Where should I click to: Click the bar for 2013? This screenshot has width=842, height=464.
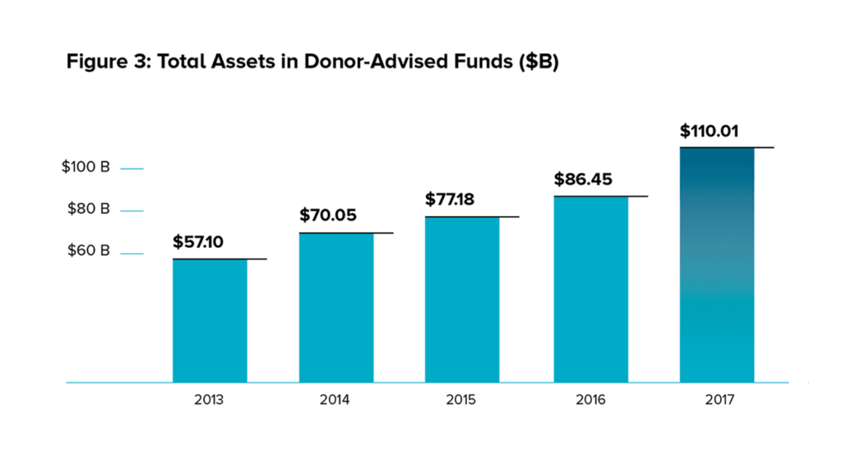[210, 321]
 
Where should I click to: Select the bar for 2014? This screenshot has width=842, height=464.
[336, 308]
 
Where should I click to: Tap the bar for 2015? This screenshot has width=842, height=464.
[462, 300]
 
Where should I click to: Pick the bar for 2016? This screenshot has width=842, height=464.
[590, 290]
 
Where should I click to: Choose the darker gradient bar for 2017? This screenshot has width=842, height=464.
[717, 265]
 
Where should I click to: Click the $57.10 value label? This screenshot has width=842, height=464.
[197, 242]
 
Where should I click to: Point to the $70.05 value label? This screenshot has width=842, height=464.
[327, 215]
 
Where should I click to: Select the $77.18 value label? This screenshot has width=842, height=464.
[450, 200]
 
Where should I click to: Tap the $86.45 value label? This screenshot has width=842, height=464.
[583, 179]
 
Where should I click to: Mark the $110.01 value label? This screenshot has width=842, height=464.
[709, 131]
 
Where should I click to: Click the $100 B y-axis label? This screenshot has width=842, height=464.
[86, 167]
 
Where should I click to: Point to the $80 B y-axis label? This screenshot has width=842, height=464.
[88, 209]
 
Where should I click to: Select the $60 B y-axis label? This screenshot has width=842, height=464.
[88, 250]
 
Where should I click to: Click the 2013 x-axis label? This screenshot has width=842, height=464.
[209, 400]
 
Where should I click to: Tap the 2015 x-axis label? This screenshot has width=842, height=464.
[460, 400]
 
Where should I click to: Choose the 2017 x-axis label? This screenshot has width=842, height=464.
[719, 400]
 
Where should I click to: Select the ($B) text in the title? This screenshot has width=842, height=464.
[539, 62]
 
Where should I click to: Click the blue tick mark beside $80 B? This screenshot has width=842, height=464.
[132, 211]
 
